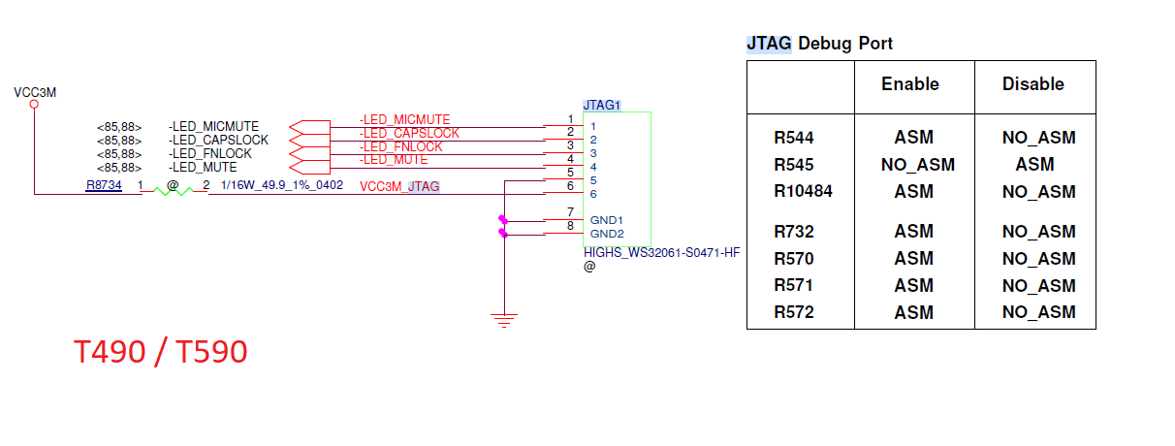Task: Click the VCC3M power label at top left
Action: (x=35, y=92)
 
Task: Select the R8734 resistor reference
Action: (x=104, y=185)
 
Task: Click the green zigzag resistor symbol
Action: (x=174, y=192)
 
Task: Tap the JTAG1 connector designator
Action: (x=601, y=104)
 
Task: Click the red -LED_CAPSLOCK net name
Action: (x=409, y=133)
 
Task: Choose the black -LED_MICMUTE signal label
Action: (x=213, y=126)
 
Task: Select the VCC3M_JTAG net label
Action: (x=399, y=186)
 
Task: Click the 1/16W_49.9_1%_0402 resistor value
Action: (x=282, y=185)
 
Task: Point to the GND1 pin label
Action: (x=606, y=220)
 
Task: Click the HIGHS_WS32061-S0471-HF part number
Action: (x=661, y=252)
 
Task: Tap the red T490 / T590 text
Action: (x=161, y=353)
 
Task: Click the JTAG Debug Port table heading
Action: (x=819, y=44)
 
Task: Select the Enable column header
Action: (x=910, y=84)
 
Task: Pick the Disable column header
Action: (x=1032, y=84)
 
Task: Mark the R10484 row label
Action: (x=803, y=191)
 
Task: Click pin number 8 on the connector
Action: (x=570, y=226)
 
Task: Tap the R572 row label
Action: (x=793, y=312)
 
